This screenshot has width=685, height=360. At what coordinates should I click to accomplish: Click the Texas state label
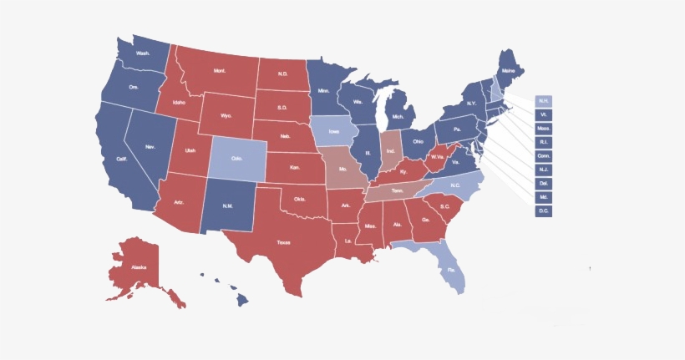pos(283,242)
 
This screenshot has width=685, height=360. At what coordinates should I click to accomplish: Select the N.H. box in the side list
pos(544,101)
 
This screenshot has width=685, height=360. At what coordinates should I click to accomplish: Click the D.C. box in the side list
pos(544,210)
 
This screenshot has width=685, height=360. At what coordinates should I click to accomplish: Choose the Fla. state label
pos(450,270)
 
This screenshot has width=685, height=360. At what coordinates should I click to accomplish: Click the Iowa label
pos(334,131)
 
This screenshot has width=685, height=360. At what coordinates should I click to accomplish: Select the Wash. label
pos(143,53)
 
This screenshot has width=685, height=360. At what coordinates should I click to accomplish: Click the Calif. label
pos(121,159)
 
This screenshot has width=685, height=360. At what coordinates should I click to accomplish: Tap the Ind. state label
pos(391,151)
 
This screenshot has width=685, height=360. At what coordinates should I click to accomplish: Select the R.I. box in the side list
pos(544,142)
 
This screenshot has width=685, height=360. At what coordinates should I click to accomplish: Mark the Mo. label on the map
pos(343,167)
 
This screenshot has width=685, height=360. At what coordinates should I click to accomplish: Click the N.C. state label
pos(455,185)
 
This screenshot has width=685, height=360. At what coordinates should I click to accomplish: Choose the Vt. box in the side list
pos(544,114)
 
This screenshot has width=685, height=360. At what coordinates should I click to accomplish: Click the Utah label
pos(190,150)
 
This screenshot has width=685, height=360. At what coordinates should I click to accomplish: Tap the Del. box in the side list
pos(544,183)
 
